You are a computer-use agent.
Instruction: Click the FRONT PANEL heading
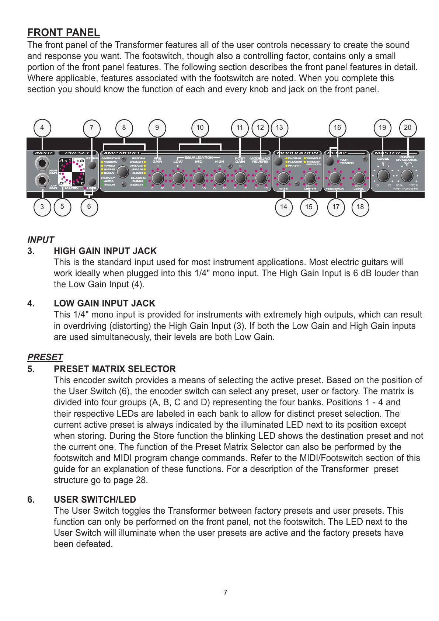click(x=63, y=33)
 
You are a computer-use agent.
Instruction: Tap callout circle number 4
click(x=42, y=128)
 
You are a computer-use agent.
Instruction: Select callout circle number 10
click(x=200, y=128)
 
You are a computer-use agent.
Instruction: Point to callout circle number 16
click(x=337, y=128)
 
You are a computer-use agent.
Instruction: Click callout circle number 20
click(x=408, y=128)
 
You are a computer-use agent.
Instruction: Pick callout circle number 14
click(x=283, y=207)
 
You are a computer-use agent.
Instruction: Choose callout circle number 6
click(x=89, y=207)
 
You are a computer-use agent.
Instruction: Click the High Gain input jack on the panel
click(x=42, y=163)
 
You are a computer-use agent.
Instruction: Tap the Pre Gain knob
click(x=158, y=178)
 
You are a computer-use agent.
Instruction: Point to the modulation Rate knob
click(x=283, y=178)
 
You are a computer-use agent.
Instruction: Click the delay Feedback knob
click(x=335, y=178)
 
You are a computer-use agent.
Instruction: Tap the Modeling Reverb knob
click(x=261, y=178)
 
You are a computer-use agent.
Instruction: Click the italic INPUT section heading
click(x=41, y=240)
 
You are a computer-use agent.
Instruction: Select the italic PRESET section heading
click(x=45, y=357)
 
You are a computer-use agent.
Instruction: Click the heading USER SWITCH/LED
click(x=95, y=500)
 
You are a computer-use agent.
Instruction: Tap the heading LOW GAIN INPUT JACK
click(x=104, y=303)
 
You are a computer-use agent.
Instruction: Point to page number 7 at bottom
click(x=226, y=593)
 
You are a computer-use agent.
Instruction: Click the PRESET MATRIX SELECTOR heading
click(x=115, y=369)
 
